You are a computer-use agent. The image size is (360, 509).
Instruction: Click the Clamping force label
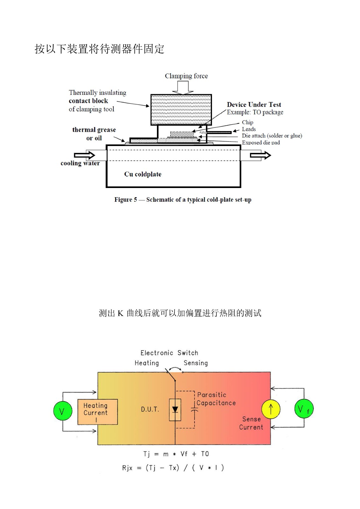[x=186, y=76]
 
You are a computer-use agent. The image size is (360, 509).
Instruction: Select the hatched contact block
[x=181, y=109]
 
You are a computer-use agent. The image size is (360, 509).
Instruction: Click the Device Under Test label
[x=254, y=105]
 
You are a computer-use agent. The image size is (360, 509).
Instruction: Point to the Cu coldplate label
[x=143, y=174]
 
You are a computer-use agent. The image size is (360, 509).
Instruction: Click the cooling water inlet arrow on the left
[x=85, y=155]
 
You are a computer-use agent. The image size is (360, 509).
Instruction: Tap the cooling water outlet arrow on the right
[x=260, y=155]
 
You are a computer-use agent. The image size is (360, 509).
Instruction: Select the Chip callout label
[x=248, y=122]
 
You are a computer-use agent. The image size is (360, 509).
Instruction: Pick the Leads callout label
[x=249, y=129]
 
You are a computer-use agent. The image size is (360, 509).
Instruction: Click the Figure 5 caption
[x=183, y=200]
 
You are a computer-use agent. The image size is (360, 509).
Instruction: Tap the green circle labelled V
[x=62, y=411]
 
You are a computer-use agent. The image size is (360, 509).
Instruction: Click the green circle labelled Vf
[x=304, y=409]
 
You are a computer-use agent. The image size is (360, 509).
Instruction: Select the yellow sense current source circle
[x=271, y=409]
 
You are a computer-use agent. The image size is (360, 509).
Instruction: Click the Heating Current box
[x=97, y=412]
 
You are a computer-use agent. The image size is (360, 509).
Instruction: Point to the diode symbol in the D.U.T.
[x=175, y=409]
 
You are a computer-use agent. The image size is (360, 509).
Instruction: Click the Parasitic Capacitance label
[x=216, y=399]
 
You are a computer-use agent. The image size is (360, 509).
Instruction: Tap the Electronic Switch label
[x=169, y=353]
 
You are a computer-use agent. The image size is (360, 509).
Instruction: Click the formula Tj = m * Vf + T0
[x=176, y=454]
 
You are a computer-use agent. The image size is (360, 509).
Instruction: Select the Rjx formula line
[x=173, y=468]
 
